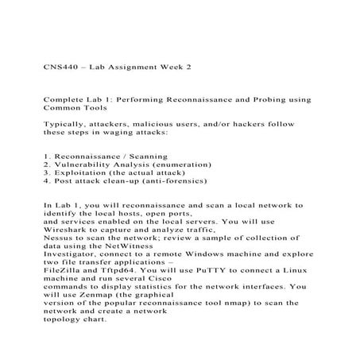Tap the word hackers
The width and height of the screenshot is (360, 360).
coord(250,125)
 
